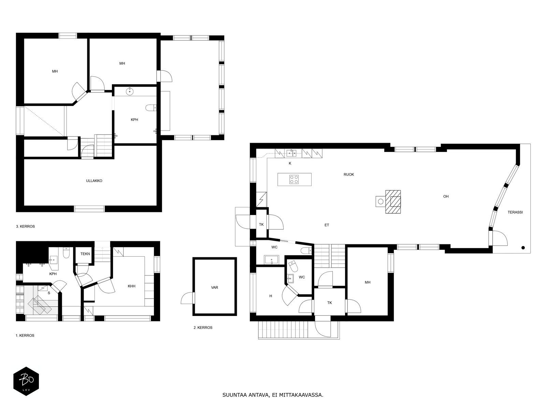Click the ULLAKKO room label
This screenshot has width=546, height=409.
pyautogui.click(x=94, y=181)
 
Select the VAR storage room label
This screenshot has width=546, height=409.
pyautogui.click(x=214, y=288)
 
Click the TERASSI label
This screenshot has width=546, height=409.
pyautogui.click(x=515, y=212)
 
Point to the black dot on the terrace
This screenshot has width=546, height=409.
pyautogui.click(x=523, y=248)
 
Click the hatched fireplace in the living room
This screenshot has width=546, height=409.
pyautogui.click(x=393, y=202)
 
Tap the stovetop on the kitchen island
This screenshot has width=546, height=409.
pyautogui.click(x=294, y=179)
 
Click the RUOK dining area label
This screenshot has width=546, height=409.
pyautogui.click(x=349, y=175)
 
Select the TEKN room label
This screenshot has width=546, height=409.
pyautogui.click(x=85, y=254)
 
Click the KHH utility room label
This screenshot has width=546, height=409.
pyautogui.click(x=131, y=286)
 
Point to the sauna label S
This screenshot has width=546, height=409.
pyautogui.click(x=49, y=293)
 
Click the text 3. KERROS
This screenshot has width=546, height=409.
pyautogui.click(x=25, y=226)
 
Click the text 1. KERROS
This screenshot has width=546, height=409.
pyautogui.click(x=25, y=335)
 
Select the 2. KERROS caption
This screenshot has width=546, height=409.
pyautogui.click(x=203, y=328)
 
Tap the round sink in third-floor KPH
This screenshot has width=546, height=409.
pyautogui.click(x=130, y=91)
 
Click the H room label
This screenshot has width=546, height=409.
pyautogui.click(x=271, y=296)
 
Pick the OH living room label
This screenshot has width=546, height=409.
pyautogui.click(x=446, y=197)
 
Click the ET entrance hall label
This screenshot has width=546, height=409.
pyautogui.click(x=327, y=225)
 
